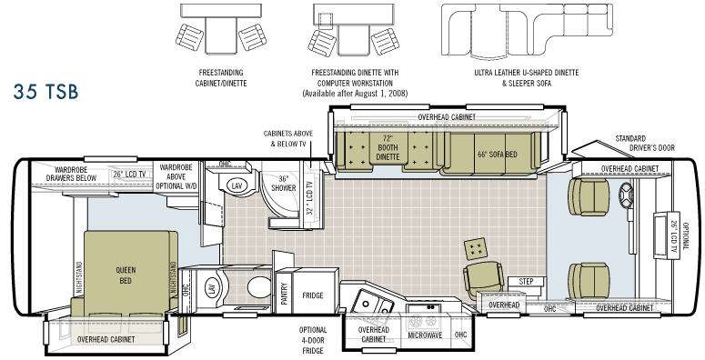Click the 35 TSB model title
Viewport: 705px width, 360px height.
tap(45, 92)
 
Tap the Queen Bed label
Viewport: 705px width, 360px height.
tap(126, 275)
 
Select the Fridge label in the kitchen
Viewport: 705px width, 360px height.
tap(313, 295)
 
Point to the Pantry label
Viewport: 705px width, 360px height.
tap(284, 293)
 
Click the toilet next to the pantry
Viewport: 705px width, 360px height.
tap(258, 287)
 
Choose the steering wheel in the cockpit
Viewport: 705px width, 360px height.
tap(626, 195)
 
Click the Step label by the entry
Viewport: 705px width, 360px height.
tap(526, 281)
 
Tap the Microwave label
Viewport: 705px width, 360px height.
tap(425, 335)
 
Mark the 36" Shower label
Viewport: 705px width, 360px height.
tap(283, 183)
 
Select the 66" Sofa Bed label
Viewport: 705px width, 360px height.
tap(497, 155)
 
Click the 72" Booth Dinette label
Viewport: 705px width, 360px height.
tap(388, 147)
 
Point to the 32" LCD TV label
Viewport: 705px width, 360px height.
tap(309, 198)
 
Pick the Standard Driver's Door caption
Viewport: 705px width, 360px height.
tap(644, 143)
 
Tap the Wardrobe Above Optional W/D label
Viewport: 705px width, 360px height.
tap(176, 176)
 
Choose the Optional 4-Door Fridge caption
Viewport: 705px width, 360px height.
tap(313, 340)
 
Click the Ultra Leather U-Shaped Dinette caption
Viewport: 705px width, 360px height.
tap(526, 73)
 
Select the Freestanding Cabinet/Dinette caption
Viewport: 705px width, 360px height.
tap(220, 77)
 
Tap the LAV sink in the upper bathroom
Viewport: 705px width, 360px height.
tap(236, 185)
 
